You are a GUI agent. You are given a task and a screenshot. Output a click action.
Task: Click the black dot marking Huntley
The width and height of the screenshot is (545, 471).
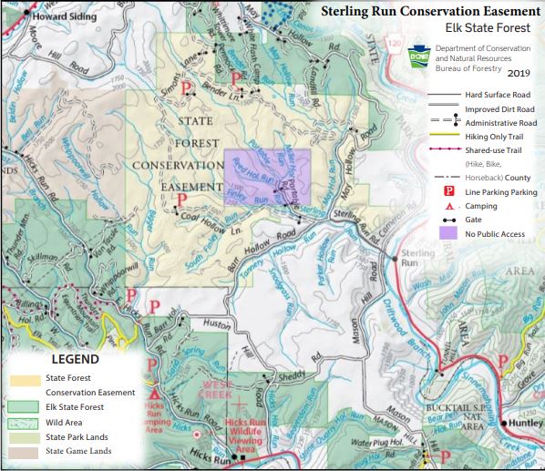click(502, 425)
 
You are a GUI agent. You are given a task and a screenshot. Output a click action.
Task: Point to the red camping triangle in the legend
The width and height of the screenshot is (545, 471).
click(448, 207)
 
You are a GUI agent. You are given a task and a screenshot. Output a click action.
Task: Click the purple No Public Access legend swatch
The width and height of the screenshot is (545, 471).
click(447, 234)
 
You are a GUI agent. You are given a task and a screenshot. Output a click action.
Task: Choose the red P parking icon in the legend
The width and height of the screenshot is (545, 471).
click(448, 192)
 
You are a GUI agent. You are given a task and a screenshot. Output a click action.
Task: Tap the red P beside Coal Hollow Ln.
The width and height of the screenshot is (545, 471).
click(180, 199)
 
